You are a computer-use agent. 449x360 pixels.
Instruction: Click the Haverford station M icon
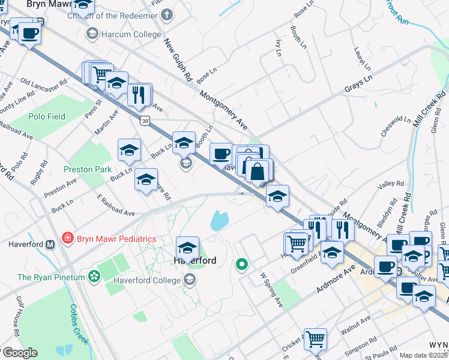pos(50,244)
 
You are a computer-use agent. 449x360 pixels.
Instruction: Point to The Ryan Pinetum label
pos(50,277)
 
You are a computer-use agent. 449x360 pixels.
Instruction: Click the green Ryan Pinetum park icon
pos(94,277)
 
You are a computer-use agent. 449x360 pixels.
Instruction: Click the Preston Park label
pos(91,170)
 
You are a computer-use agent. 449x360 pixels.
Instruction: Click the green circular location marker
pos(242,263)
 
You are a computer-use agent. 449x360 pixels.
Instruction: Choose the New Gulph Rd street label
pos(178,61)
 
